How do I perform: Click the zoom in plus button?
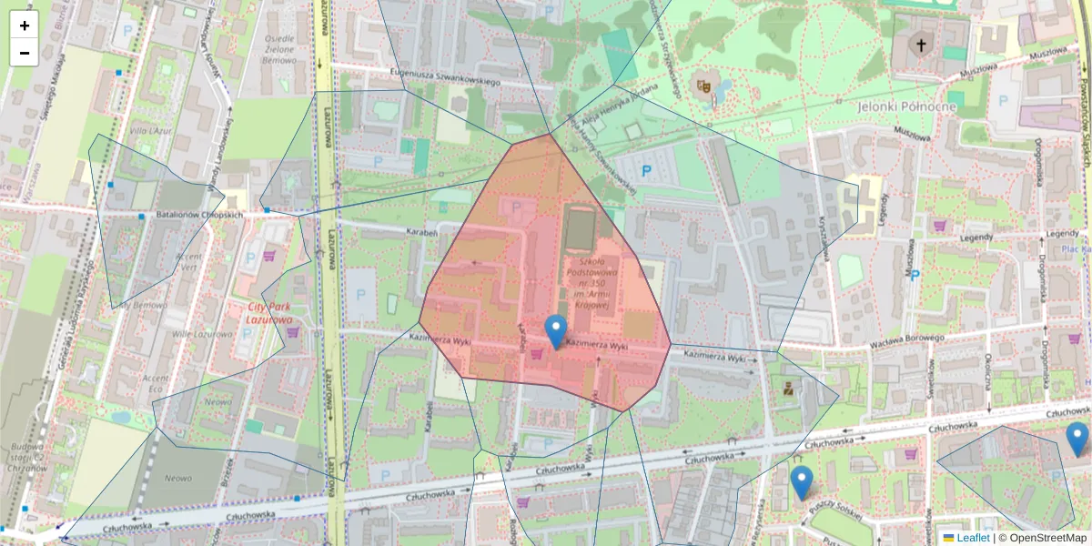click(x=25, y=25)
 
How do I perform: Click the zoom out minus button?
click(x=25, y=53)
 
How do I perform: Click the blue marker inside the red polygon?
click(x=555, y=330)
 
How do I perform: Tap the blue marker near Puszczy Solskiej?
click(x=801, y=481)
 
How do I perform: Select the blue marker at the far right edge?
click(x=1077, y=439)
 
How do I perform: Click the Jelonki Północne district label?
click(x=906, y=106)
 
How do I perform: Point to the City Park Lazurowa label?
click(x=269, y=313)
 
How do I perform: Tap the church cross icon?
click(x=921, y=45)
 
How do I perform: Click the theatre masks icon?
click(x=703, y=86)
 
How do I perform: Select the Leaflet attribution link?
click(x=973, y=538)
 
